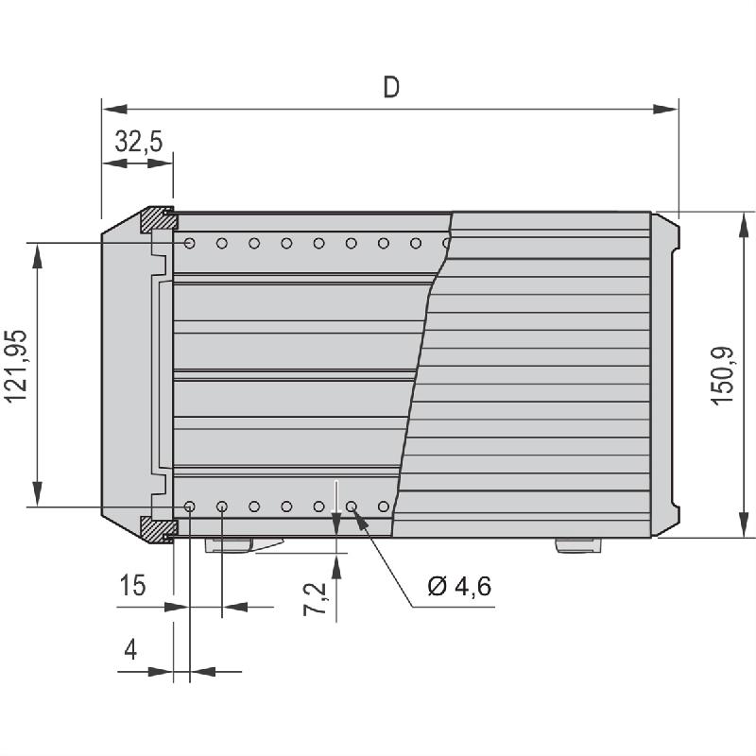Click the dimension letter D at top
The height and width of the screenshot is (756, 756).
tap(391, 87)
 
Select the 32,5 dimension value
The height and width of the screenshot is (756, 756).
tap(138, 142)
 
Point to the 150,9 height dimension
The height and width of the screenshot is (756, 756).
tap(723, 375)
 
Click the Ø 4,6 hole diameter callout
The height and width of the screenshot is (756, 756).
tap(459, 586)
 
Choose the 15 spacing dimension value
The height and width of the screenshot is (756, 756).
tap(132, 586)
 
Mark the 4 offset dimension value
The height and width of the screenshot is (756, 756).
tap(130, 651)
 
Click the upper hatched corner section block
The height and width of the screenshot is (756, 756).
tap(158, 219)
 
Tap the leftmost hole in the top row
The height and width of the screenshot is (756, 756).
tap(190, 244)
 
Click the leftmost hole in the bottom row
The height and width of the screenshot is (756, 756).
tap(190, 507)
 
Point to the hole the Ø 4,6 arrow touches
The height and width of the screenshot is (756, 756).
tap(351, 507)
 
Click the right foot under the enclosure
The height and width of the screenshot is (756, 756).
tap(576, 545)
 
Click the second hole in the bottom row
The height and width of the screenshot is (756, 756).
tap(222, 507)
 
